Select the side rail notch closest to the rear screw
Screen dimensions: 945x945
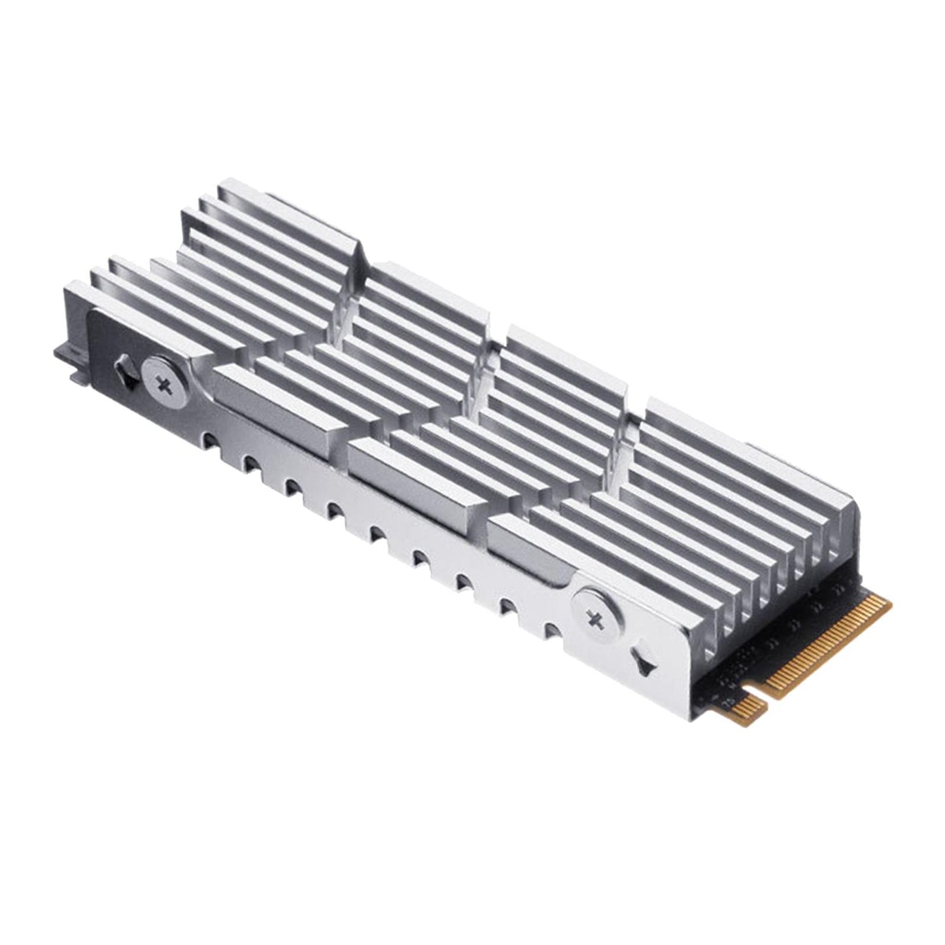pos(209,439)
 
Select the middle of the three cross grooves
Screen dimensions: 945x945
pos(484,379)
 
